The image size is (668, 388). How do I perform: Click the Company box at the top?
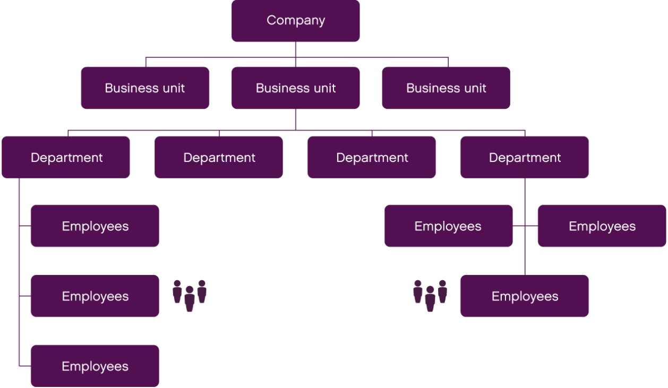pyautogui.click(x=295, y=21)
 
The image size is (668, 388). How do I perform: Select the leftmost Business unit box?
pyautogui.click(x=145, y=88)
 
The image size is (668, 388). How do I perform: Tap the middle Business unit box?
pyautogui.click(x=295, y=88)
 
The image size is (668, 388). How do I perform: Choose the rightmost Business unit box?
pyautogui.click(x=446, y=88)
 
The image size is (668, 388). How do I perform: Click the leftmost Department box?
pyautogui.click(x=66, y=158)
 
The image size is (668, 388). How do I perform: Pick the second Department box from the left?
pyautogui.click(x=219, y=158)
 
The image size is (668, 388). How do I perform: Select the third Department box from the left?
pyautogui.click(x=372, y=158)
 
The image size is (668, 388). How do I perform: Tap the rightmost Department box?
pyautogui.click(x=525, y=158)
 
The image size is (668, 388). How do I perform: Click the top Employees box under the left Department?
pyautogui.click(x=95, y=226)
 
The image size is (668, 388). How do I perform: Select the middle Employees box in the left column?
pyautogui.click(x=95, y=296)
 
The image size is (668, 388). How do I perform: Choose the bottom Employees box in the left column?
pyautogui.click(x=95, y=366)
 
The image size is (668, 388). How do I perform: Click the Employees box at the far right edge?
pyautogui.click(x=602, y=226)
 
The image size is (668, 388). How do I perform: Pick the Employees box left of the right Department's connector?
pyautogui.click(x=448, y=226)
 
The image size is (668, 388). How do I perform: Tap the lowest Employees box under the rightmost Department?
pyautogui.click(x=525, y=296)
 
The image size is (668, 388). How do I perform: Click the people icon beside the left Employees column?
pyautogui.click(x=190, y=295)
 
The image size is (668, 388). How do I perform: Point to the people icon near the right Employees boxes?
pyautogui.click(x=430, y=295)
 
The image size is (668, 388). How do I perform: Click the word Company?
pyautogui.click(x=295, y=21)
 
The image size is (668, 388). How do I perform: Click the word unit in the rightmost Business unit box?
pyautogui.click(x=474, y=88)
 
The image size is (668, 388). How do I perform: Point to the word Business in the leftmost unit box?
pyautogui.click(x=126, y=88)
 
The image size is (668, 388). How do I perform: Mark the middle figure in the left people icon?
pyautogui.click(x=190, y=299)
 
